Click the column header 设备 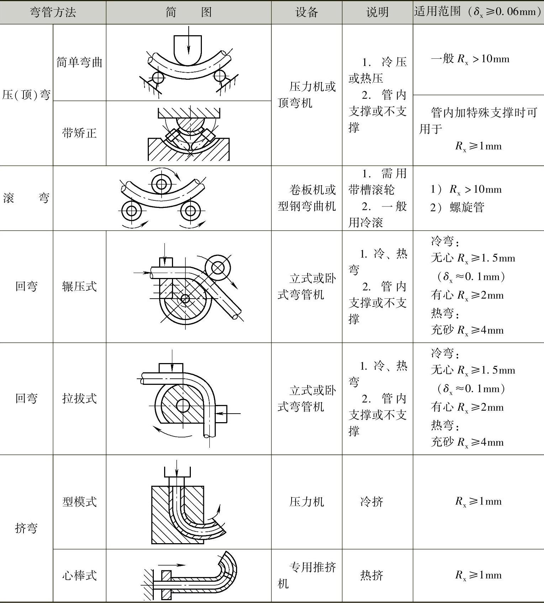tap(307, 12)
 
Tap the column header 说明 tap(377, 12)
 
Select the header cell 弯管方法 tap(53, 12)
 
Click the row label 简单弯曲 tap(79, 62)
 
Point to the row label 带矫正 tap(79, 133)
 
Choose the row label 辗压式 tap(79, 286)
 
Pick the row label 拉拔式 tap(79, 398)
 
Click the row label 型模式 tap(79, 502)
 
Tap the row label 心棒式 tap(79, 575)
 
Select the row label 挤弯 tap(26, 528)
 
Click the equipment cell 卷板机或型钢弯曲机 tap(307, 198)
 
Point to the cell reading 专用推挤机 tap(307, 575)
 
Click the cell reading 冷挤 tap(372, 502)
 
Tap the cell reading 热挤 tap(372, 575)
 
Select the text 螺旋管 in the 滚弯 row tap(467, 208)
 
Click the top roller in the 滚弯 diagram tap(161, 184)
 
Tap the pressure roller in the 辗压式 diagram tap(218, 268)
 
